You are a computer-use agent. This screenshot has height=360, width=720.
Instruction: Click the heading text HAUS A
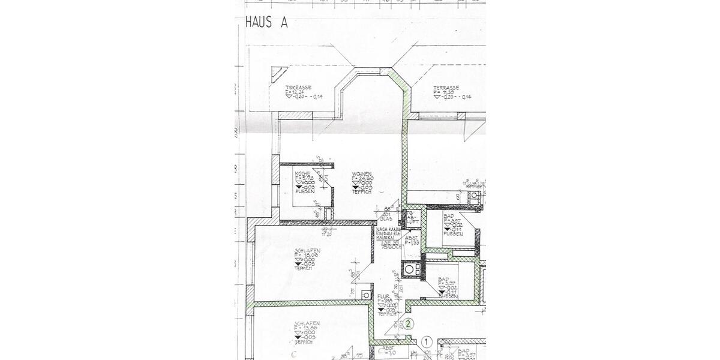(267, 22)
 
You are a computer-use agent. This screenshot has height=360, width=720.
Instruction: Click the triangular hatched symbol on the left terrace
(278, 75)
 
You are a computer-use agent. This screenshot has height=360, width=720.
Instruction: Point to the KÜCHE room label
(302, 173)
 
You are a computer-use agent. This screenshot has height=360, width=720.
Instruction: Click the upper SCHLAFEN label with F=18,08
(307, 250)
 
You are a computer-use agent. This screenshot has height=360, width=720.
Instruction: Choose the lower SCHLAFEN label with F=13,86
(307, 323)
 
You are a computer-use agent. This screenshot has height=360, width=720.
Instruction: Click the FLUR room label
(384, 296)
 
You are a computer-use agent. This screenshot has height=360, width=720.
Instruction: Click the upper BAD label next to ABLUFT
(449, 215)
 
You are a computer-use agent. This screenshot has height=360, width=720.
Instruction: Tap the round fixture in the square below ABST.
(411, 271)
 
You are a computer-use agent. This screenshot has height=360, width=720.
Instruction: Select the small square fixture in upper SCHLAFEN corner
(365, 294)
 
